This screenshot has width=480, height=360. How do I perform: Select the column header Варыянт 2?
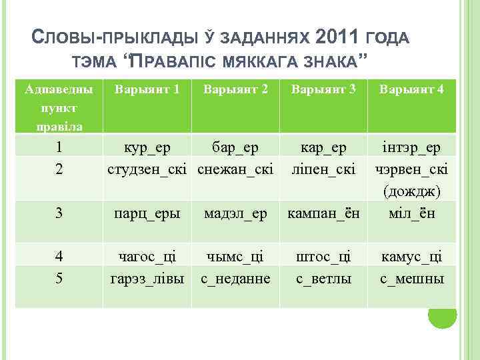coord(235,89)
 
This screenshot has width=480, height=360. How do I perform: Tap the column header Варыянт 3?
coord(323,89)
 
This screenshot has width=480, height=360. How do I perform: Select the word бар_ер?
coord(235,147)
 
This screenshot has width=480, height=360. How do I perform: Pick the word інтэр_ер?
coord(412,147)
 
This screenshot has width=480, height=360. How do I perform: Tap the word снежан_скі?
coord(235,169)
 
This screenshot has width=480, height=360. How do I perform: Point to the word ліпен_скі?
coord(323,169)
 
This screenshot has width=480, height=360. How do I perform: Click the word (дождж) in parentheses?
coord(412,191)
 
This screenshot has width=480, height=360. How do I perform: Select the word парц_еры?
coord(147,213)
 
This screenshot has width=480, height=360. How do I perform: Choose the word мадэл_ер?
coord(235,213)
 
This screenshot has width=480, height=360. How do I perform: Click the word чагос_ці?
coord(147,257)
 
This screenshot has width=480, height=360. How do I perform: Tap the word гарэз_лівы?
coord(147,279)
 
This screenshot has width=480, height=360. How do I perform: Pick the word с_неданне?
coord(235,279)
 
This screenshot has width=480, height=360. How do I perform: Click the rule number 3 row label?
coord(59,213)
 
